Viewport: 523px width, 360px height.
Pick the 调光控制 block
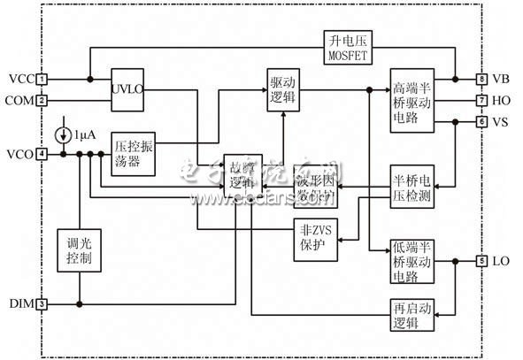pos(78,250)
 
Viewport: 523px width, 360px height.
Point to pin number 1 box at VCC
pos(42,80)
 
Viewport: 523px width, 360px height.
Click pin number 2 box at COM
pos(42,101)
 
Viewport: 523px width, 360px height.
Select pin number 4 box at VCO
pos(42,155)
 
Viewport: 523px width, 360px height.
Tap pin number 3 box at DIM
pos(42,304)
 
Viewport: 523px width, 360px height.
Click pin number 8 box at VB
pos(481,80)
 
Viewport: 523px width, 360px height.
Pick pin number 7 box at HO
pos(481,101)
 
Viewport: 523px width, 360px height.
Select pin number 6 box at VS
pos(481,121)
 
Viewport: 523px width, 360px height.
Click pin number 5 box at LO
pos(481,261)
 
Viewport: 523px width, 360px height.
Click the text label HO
pos(500,101)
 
